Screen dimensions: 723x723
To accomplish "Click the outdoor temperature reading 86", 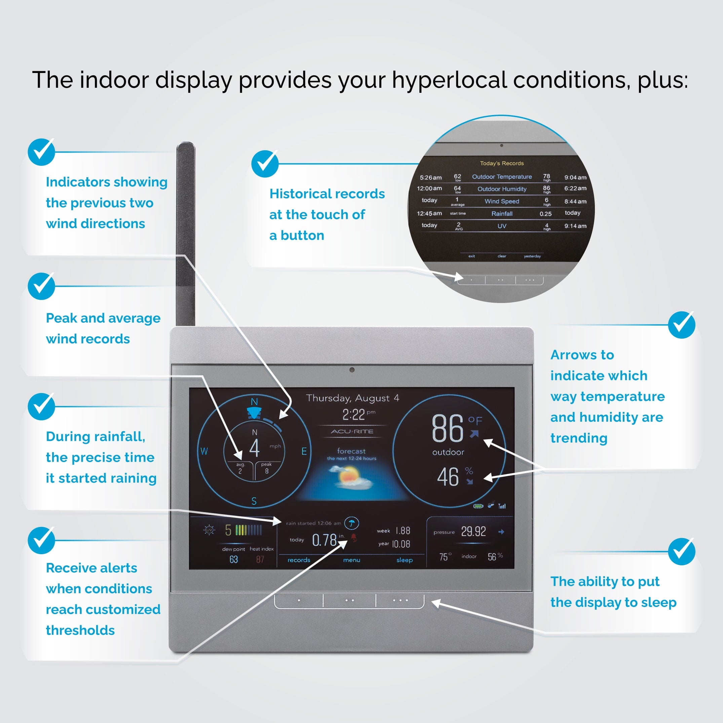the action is coord(447,428).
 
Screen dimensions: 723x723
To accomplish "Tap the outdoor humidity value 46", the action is coord(448,477).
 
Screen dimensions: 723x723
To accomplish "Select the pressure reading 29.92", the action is coord(473,531).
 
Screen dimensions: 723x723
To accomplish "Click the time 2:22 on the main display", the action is coord(354,415).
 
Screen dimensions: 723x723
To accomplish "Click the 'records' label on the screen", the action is coord(299,560).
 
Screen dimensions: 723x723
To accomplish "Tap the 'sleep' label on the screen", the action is coord(405,560).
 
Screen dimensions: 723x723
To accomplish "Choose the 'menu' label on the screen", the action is coord(351,560).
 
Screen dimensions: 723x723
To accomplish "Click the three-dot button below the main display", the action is coord(400,600).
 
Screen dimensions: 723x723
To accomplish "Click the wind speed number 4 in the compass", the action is coord(255,448).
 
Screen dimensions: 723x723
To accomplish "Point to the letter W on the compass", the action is coord(204,451).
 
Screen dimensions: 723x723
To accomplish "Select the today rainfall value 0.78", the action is coord(324,540).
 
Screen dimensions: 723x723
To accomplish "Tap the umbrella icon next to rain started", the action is coord(351,523).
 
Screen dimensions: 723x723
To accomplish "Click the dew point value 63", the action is coord(233,560).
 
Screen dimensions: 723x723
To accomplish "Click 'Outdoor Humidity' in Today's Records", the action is coord(502,189).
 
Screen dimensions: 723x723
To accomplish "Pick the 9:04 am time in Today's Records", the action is coord(575,177).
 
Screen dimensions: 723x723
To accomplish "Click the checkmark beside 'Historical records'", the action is coord(265,163).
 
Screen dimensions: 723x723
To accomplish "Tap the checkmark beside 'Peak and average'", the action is coord(41,286).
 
